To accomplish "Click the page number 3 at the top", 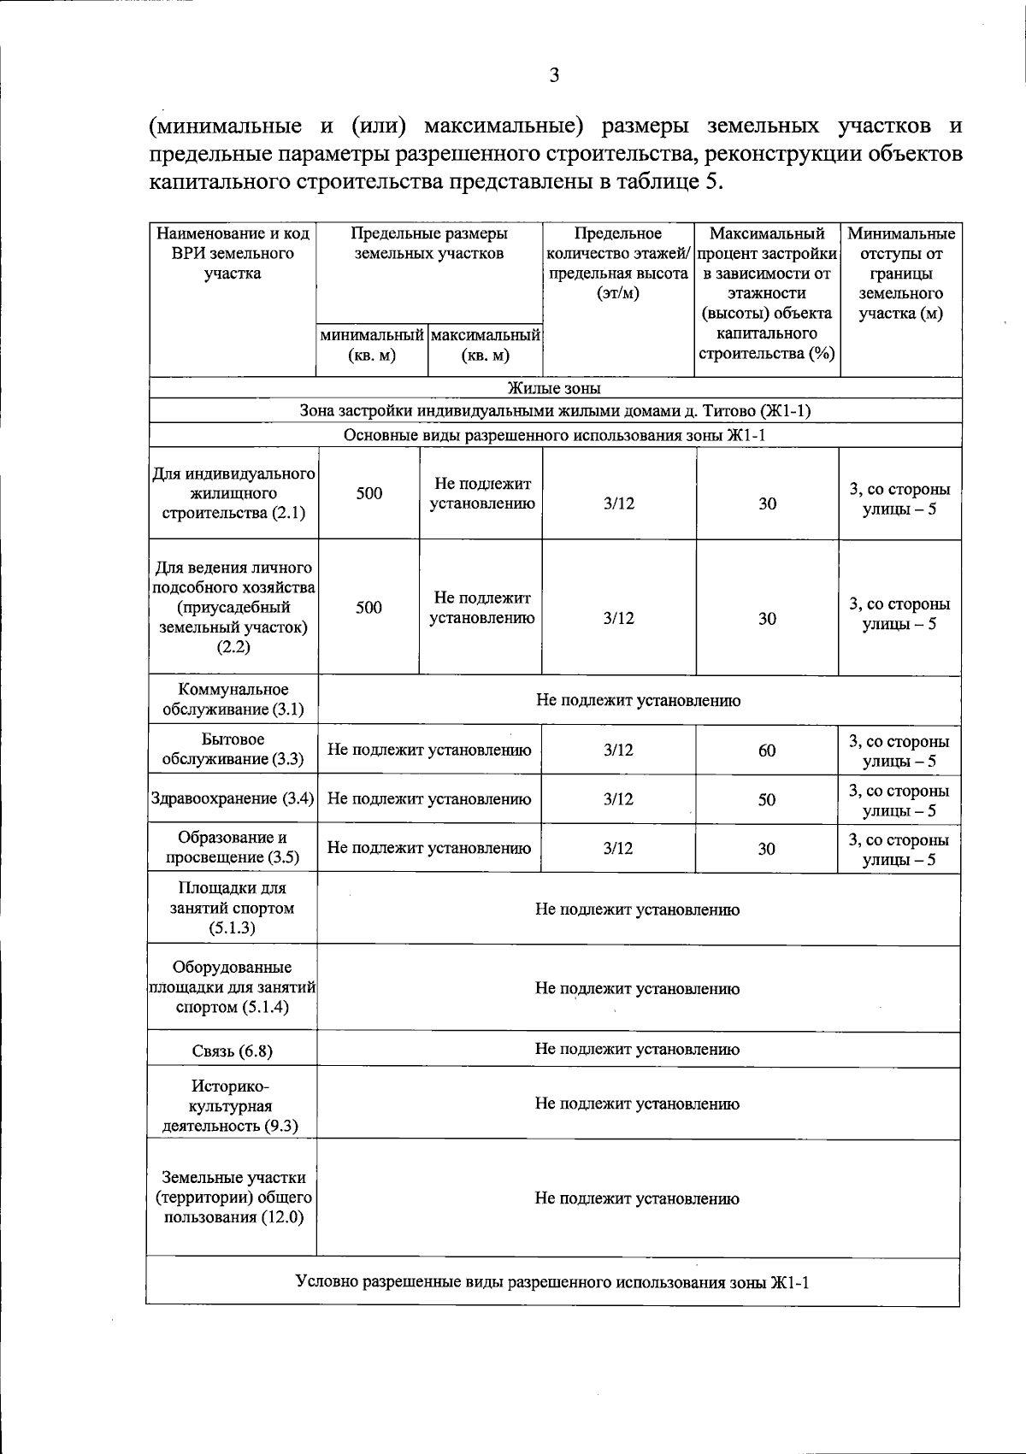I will pos(554,76).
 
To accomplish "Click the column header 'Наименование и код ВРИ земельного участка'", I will pos(233,254).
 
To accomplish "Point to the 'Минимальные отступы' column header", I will pos(900,274).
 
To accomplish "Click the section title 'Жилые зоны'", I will pos(554,389).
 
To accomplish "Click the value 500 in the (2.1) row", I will pos(369,493).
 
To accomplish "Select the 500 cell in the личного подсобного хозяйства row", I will pos(369,608).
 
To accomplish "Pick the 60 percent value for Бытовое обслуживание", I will pos(767,751).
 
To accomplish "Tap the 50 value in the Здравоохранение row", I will pos(767,800).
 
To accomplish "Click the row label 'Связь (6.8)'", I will pos(233,1051).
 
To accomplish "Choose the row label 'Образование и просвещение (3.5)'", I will pos(233,848).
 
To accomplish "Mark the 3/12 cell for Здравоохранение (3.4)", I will pos(618,800).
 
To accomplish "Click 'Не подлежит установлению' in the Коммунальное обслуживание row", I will pos(638,701).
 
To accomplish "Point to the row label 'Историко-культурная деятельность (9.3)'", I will pos(231,1106).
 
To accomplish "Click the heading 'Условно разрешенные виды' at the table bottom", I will pos(551,1282).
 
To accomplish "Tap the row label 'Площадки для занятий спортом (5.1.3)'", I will pos(233,908).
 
